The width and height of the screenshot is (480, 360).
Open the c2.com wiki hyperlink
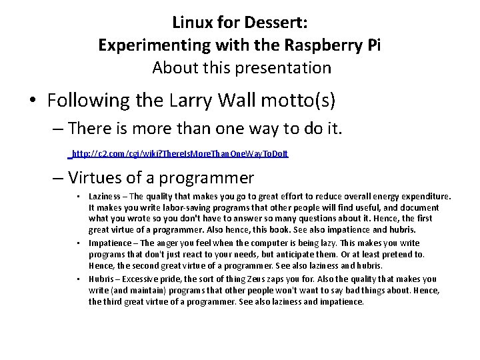(x=180, y=153)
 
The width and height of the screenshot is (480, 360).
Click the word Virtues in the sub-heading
(x=93, y=178)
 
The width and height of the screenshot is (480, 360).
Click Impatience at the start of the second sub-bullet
(x=111, y=243)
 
